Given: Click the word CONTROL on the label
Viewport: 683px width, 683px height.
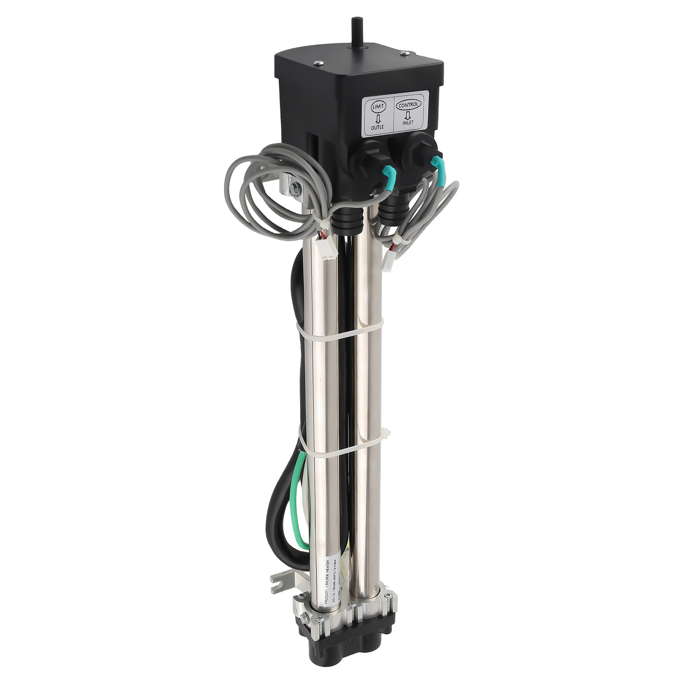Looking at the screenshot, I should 409,104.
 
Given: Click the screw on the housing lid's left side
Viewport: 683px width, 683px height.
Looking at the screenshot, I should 316,63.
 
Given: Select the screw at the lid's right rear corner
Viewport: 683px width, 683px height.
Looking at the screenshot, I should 404,53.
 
